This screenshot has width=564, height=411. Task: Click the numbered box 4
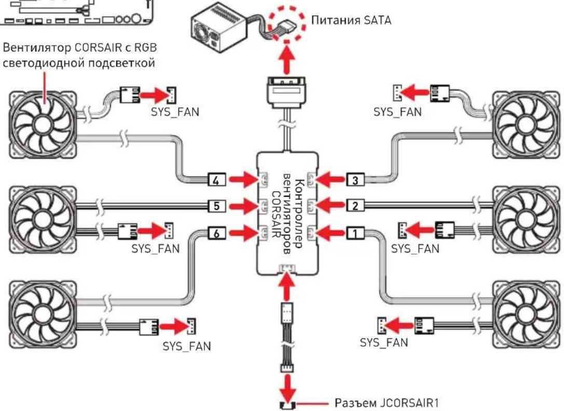[x=217, y=179]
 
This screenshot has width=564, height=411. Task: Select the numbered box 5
[x=217, y=206]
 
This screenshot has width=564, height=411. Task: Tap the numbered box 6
[x=217, y=233]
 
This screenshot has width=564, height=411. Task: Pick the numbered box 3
[x=355, y=179]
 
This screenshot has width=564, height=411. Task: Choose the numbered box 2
[x=355, y=206]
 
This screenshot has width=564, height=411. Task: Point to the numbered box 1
[x=355, y=233]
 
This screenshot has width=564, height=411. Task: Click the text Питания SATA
[x=351, y=20]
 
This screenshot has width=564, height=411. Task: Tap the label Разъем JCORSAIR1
[x=387, y=403]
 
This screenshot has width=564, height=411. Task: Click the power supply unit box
[x=216, y=28]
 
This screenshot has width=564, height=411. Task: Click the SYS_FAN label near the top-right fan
[x=397, y=112]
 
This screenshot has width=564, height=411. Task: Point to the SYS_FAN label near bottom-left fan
[x=187, y=346]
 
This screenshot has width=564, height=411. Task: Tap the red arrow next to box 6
[x=244, y=233]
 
